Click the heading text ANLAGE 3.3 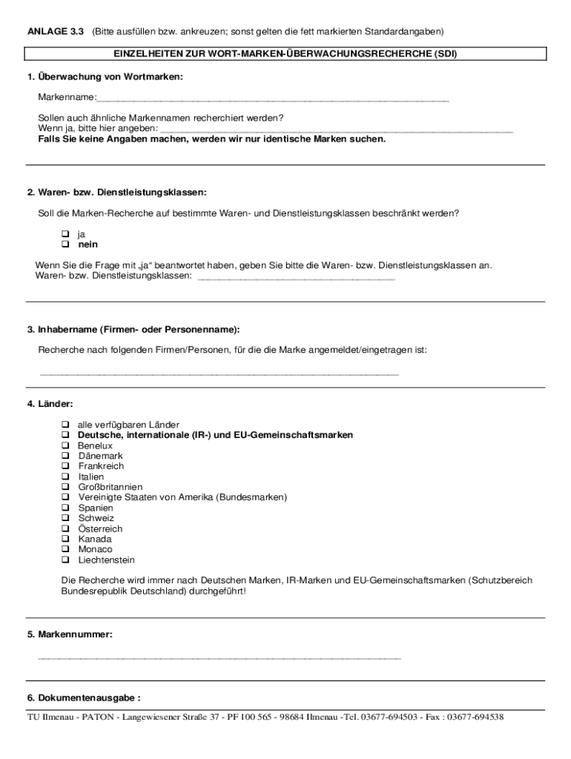(56, 32)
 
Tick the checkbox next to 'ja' (65, 233)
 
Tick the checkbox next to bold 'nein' (65, 244)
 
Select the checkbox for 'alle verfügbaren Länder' (65, 425)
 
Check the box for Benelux (65, 445)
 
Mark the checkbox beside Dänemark (65, 456)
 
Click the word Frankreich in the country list (101, 466)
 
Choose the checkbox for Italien (65, 477)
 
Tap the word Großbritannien (110, 487)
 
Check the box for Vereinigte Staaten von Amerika (65, 497)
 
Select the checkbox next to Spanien (65, 508)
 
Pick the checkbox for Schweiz (65, 518)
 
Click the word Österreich (100, 529)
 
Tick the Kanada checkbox (65, 539)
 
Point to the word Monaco (95, 549)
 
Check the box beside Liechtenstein (65, 560)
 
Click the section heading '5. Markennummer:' (70, 635)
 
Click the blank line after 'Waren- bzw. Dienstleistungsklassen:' (297, 277)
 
